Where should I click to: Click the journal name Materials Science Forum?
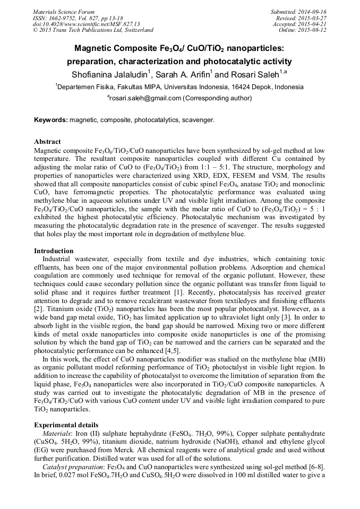pos(64,12)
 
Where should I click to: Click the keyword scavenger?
pos(198,120)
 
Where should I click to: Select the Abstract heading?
pos(47,142)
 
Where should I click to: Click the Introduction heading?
pos(54,251)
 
